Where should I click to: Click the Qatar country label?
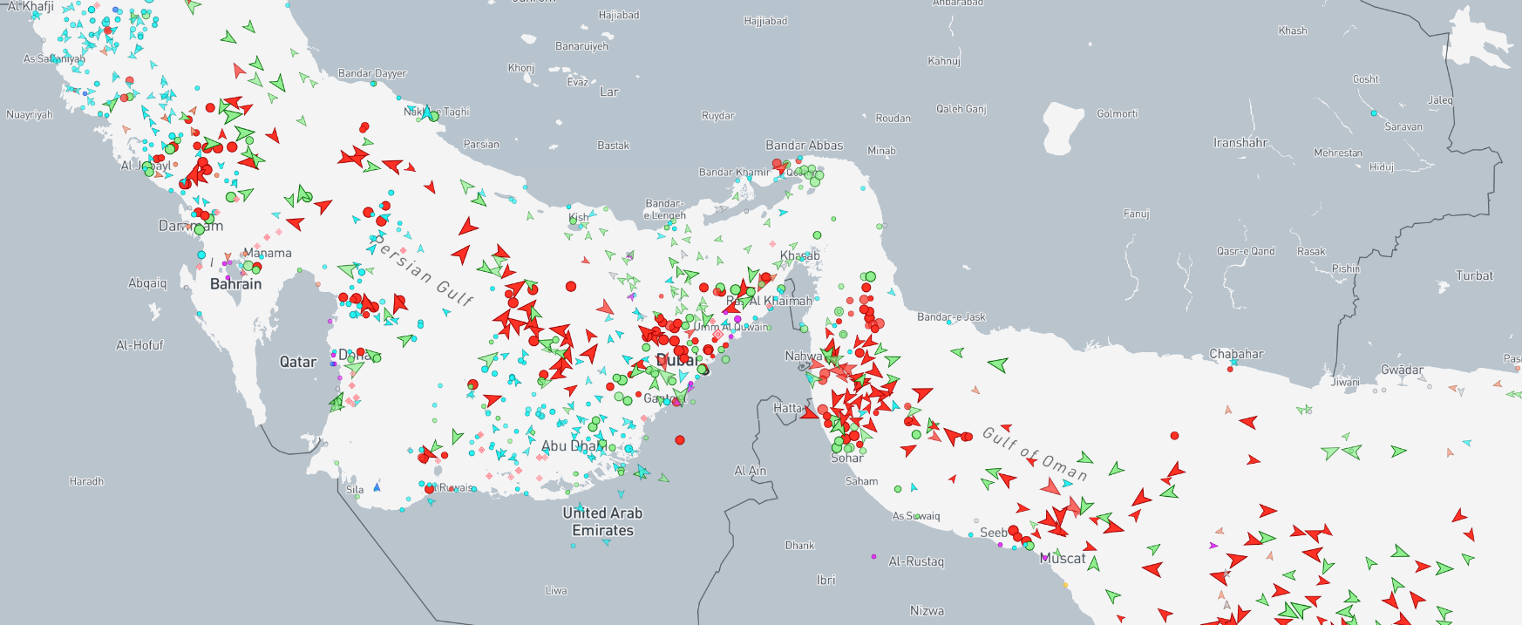click(x=297, y=362)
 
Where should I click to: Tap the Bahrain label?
click(x=235, y=284)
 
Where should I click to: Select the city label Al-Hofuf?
click(x=139, y=345)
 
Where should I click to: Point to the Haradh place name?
click(x=86, y=481)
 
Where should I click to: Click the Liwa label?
click(x=556, y=590)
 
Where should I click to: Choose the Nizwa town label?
click(x=927, y=611)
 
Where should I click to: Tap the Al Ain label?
click(x=750, y=471)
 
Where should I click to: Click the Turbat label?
click(x=1474, y=275)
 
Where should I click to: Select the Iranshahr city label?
click(x=1240, y=143)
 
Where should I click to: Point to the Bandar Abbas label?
click(x=804, y=146)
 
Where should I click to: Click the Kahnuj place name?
click(x=943, y=61)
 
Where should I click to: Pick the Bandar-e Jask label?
click(x=951, y=316)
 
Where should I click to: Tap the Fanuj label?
click(x=1136, y=214)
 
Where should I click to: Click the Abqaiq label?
click(x=147, y=283)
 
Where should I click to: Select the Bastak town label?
click(x=613, y=146)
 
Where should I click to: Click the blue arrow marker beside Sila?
click(x=377, y=487)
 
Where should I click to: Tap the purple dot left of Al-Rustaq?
click(x=873, y=556)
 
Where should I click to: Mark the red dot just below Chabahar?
click(x=1230, y=369)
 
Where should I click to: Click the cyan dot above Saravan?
click(x=1374, y=113)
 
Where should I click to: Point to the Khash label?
click(x=1292, y=31)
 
